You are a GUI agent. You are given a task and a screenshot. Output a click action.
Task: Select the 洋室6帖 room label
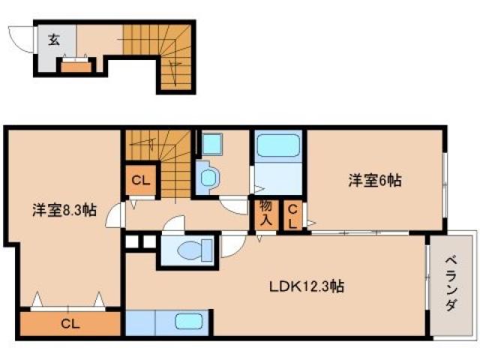point(373,180)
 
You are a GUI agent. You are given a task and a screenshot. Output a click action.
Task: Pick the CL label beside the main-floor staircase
point(139,179)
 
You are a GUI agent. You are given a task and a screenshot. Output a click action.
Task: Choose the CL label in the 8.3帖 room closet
point(70,324)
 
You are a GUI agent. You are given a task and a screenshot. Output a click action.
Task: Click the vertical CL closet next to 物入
point(293,214)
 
